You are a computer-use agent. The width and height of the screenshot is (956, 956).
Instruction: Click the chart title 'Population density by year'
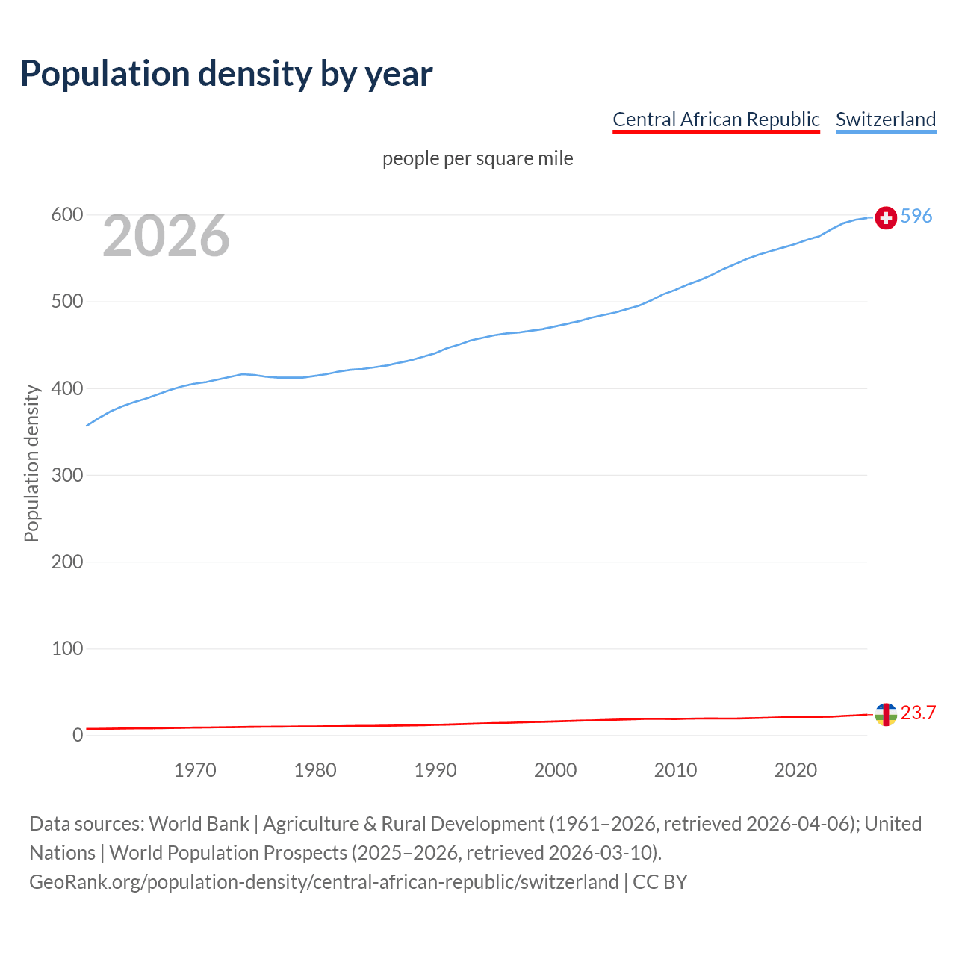(x=226, y=74)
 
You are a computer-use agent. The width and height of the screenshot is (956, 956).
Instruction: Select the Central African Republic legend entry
(x=716, y=119)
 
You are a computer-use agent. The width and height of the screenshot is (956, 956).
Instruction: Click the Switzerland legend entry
(x=885, y=119)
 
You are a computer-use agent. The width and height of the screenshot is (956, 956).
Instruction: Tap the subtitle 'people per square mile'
(x=477, y=158)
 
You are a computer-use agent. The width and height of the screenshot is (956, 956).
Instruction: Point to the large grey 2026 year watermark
(x=166, y=236)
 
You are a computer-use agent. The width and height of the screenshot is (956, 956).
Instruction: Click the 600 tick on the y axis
(x=66, y=215)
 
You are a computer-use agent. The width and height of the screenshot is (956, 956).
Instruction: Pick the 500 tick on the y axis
(x=66, y=302)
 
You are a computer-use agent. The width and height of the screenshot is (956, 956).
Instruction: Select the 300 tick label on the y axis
(x=66, y=475)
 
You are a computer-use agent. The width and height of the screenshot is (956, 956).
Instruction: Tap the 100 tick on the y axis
(x=66, y=648)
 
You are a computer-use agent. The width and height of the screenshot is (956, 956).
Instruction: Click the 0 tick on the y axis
(x=78, y=735)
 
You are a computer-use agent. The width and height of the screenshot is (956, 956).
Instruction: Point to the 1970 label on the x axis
(x=195, y=770)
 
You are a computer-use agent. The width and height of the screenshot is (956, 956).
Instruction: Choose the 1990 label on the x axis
(x=435, y=770)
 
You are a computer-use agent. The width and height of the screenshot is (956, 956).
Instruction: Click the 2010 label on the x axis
(x=675, y=770)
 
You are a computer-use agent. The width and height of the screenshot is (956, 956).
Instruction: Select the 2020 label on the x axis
(x=795, y=770)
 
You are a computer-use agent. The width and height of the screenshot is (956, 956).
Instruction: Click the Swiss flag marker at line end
(x=886, y=217)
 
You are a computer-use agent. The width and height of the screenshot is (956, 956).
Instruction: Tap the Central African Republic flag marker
(x=886, y=714)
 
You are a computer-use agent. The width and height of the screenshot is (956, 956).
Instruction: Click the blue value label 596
(x=916, y=216)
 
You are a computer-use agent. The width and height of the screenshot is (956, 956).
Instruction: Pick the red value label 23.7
(x=918, y=713)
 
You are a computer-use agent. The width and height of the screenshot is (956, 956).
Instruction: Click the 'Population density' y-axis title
(x=31, y=463)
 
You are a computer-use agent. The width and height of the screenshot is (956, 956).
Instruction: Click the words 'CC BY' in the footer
(x=659, y=882)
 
